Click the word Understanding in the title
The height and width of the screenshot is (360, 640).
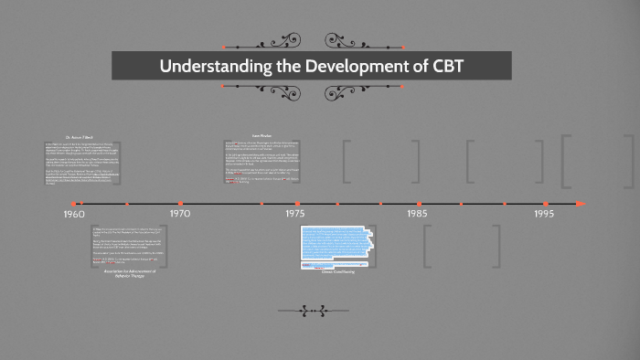pos(200,66)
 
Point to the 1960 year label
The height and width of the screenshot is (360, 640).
pos(73,214)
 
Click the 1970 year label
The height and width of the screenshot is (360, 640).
pos(181,214)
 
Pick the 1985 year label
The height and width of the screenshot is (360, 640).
pos(417,214)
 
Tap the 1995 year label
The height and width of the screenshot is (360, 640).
pos(544,214)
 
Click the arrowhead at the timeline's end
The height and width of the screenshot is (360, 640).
pos(581,203)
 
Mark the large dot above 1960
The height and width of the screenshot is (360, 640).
pos(73,203)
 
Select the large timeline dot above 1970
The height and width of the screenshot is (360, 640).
pos(181,203)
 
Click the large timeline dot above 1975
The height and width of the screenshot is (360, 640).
pos(297,203)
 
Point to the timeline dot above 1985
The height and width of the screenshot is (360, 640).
pos(419,203)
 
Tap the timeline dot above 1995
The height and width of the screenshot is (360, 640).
pos(546,203)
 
